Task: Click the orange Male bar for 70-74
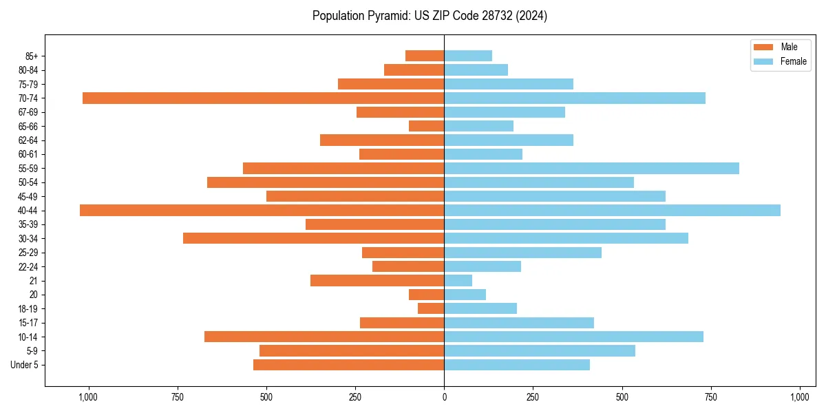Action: click(x=263, y=98)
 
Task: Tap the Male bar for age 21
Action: click(x=377, y=281)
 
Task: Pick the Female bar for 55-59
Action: click(x=591, y=169)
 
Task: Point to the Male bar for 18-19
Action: click(x=431, y=308)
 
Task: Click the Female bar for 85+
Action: click(x=468, y=56)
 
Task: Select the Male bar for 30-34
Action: click(x=313, y=238)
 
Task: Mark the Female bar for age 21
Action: click(x=458, y=281)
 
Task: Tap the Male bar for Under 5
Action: click(x=348, y=365)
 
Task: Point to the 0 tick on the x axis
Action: click(x=444, y=397)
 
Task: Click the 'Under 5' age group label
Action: click(x=24, y=365)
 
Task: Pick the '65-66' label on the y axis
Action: click(x=28, y=127)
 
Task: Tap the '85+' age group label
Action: click(x=31, y=56)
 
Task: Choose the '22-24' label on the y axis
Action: click(x=28, y=267)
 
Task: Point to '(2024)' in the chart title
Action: click(x=533, y=16)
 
